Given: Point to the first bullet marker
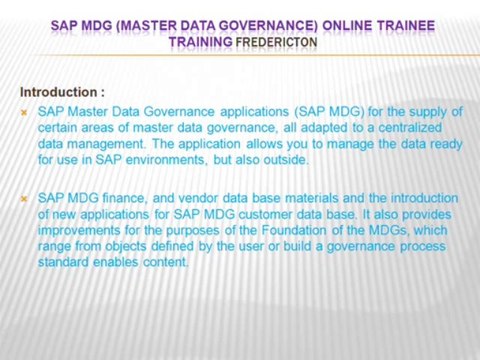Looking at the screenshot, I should (24, 112).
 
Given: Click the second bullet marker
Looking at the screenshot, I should (24, 199).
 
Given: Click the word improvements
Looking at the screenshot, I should (79, 230).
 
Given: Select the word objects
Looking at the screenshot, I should (123, 246).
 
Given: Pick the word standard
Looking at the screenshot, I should (64, 262).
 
